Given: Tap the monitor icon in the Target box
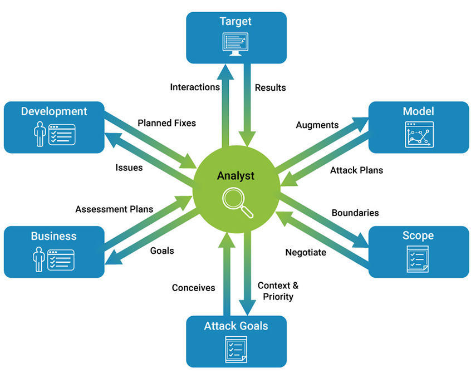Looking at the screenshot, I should click(x=236, y=45).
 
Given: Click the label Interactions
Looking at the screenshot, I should click(x=195, y=87).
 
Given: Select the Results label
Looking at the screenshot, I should click(x=271, y=87).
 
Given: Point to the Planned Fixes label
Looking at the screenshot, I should click(x=166, y=123).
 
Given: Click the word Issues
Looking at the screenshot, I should click(x=129, y=168).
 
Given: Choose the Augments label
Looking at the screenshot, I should click(x=317, y=125).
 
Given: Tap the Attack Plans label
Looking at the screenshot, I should click(x=356, y=170).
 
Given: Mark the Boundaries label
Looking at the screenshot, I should click(x=355, y=213).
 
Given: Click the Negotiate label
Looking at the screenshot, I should click(x=306, y=252).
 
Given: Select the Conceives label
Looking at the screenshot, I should click(x=193, y=288).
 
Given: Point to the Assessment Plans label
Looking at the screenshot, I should click(x=114, y=209).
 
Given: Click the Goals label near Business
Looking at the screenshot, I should click(x=162, y=251).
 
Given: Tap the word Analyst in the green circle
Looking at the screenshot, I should click(x=236, y=176).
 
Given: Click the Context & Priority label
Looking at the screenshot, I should click(x=278, y=291).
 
